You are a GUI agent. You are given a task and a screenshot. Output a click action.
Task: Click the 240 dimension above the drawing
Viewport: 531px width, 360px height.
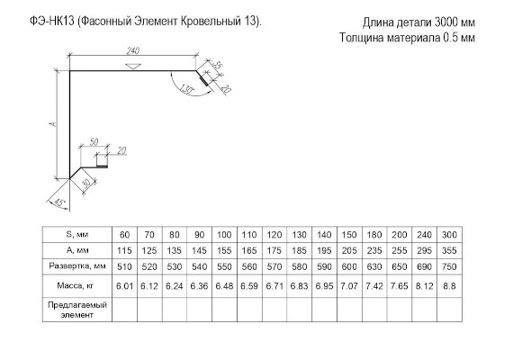click(x=133, y=50)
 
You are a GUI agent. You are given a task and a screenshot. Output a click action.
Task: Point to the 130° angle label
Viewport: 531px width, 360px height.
click(x=186, y=89)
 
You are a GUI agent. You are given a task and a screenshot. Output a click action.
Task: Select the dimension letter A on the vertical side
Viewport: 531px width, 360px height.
click(x=53, y=124)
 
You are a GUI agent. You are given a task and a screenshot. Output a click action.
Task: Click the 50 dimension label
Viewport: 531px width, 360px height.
click(x=94, y=141)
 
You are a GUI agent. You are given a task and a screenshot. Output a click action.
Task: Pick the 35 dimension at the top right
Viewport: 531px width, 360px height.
click(x=218, y=65)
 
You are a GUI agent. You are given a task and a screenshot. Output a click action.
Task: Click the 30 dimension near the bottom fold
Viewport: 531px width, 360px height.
click(x=86, y=184)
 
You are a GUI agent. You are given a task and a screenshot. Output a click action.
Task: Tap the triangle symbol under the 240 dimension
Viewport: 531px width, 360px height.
click(x=133, y=66)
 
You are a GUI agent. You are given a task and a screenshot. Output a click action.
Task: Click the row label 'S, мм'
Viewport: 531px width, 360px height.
click(x=76, y=234)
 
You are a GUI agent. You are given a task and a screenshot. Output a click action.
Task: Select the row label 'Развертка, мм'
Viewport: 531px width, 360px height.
click(x=77, y=266)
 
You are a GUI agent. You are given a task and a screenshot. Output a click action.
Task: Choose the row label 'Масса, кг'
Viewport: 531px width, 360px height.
click(x=76, y=285)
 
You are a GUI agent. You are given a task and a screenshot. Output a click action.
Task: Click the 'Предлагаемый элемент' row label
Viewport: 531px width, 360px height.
click(x=77, y=310)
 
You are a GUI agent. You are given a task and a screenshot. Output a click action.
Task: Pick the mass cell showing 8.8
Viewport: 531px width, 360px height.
click(x=449, y=286)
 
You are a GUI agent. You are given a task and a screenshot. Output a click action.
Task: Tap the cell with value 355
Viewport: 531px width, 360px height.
click(x=449, y=250)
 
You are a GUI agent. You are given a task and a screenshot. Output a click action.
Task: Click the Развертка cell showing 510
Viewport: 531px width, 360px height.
click(x=124, y=266)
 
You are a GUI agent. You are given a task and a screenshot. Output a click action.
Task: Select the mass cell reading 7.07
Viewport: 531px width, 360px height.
click(x=349, y=286)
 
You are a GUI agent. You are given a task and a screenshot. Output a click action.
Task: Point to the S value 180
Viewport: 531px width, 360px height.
click(x=374, y=235)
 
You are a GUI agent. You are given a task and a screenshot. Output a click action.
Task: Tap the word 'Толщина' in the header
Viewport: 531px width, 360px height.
click(x=362, y=38)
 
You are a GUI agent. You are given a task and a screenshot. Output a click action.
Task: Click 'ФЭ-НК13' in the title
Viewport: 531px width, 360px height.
click(x=52, y=22)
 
